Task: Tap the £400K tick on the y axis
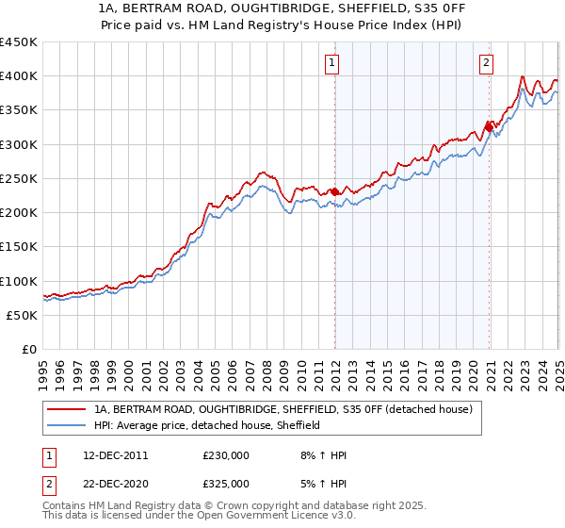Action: [x=18, y=76]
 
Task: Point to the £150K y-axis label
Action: [x=18, y=247]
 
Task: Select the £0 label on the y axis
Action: [x=28, y=350]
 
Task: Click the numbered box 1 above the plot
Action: [x=333, y=64]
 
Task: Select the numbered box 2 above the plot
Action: [x=487, y=64]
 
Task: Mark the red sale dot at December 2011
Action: [x=334, y=191]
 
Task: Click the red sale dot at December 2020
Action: [x=489, y=126]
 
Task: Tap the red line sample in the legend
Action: [x=67, y=409]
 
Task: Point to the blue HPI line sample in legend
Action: [x=67, y=425]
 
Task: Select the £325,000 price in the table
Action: [x=226, y=484]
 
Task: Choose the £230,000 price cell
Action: [x=226, y=455]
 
